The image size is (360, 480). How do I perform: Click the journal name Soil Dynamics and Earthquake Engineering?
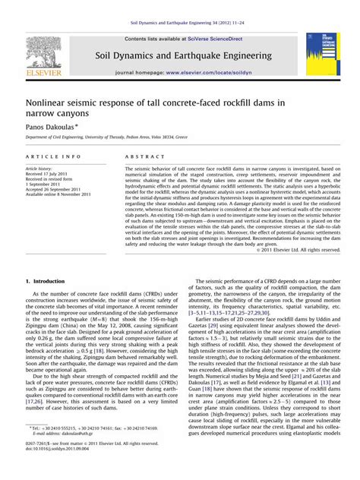(x=180, y=55)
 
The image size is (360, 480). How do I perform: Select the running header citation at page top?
(x=179, y=25)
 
